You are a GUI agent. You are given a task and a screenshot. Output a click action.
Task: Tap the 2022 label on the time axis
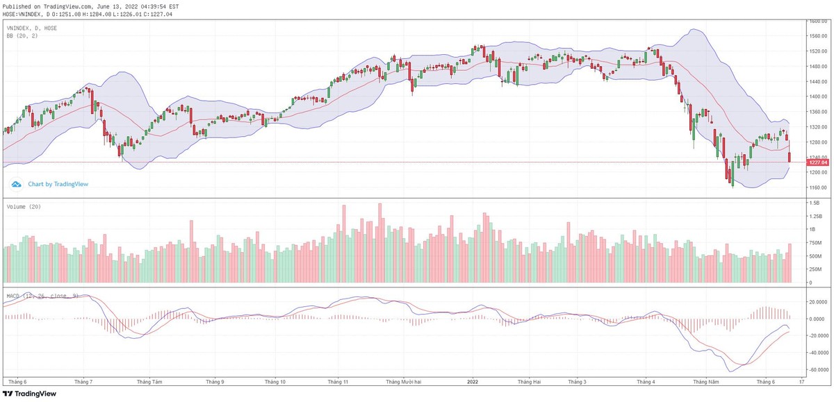pyautogui.click(x=473, y=382)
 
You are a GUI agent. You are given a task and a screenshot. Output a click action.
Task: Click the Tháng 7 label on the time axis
pyautogui.click(x=83, y=382)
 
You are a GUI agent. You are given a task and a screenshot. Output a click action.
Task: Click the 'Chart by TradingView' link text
pyautogui.click(x=58, y=185)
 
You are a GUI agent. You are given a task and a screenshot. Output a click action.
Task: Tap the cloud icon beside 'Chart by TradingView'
pyautogui.click(x=16, y=185)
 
